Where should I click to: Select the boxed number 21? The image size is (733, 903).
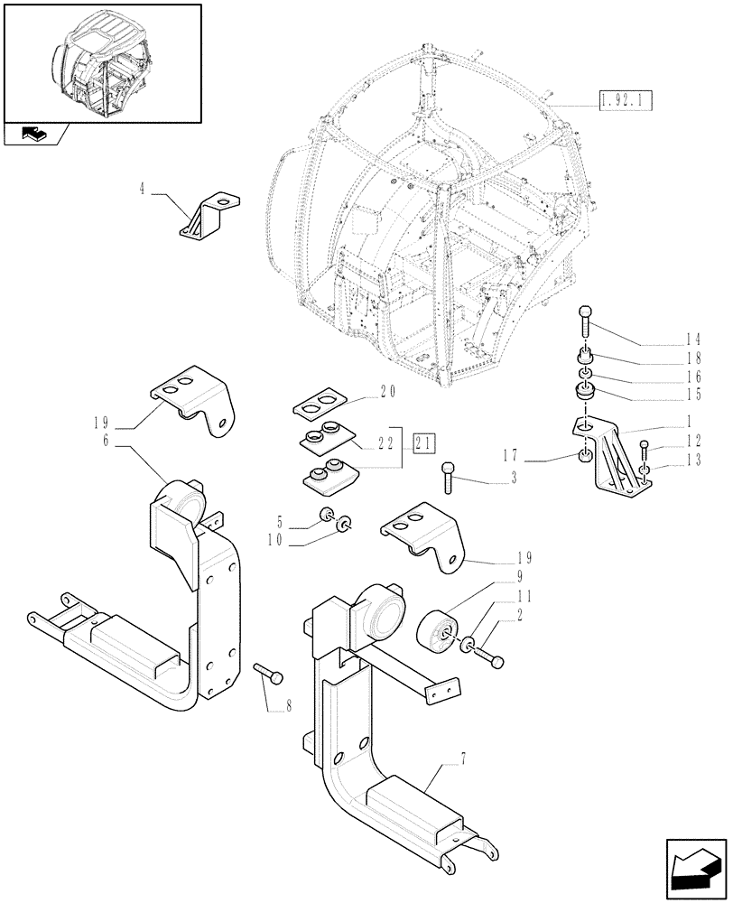coord(423,443)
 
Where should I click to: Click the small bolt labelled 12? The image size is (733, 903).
coord(643,449)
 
